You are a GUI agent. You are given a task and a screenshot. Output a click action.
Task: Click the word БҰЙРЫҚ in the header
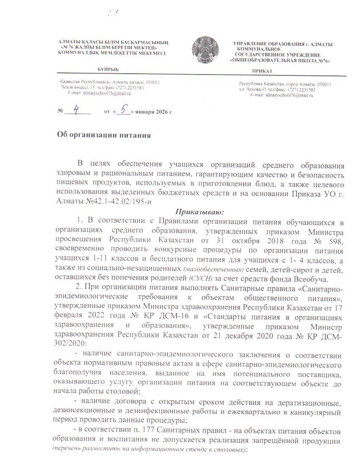108,69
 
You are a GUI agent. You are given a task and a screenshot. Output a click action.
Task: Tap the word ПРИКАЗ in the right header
262,71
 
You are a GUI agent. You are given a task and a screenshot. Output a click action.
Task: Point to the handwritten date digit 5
124,110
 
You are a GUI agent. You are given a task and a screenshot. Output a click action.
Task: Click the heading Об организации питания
104,136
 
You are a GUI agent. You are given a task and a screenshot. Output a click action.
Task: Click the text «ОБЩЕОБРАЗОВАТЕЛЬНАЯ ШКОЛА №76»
280,61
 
